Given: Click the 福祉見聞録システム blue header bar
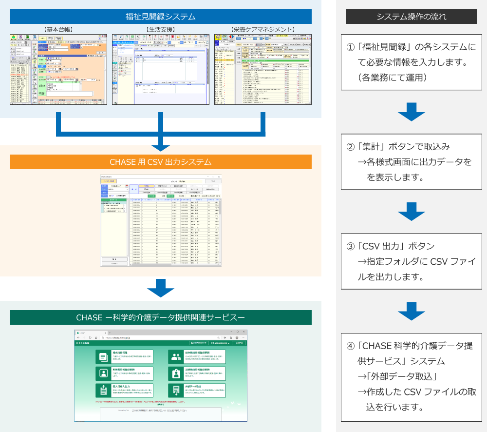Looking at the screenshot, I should pos(160,17).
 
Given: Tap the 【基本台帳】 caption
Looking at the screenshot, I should pos(58,30).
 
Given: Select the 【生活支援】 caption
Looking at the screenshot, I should pos(160,30).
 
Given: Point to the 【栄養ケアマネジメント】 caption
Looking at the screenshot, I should pos(262,30).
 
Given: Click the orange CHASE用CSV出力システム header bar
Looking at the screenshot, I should pos(160,162).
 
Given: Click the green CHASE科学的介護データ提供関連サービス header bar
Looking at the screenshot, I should pos(160,317).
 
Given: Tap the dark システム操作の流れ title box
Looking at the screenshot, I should pos(412,17).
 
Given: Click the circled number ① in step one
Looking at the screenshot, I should pos(350,48).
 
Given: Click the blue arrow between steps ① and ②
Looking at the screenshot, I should pos(412,112).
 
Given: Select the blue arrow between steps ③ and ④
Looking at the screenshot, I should pos(412,311).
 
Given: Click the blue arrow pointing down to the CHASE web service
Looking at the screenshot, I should pos(160,288).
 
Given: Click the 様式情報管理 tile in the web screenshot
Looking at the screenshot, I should pos(125,356).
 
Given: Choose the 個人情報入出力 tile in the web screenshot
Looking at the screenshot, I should pos(125,390).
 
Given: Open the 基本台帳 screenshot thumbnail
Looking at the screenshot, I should pos(58,69).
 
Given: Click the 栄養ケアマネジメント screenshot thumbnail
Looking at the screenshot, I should pos(262,69).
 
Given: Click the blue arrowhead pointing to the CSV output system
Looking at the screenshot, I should pos(160,146).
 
